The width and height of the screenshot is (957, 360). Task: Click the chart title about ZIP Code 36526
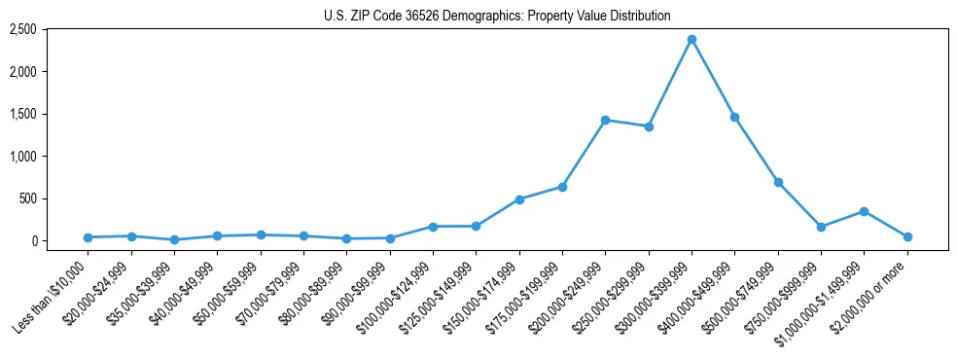(x=497, y=16)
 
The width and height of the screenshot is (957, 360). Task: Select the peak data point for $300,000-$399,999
(x=691, y=39)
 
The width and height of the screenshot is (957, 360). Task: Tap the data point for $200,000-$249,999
(x=605, y=120)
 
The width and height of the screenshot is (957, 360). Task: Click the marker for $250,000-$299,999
(x=649, y=126)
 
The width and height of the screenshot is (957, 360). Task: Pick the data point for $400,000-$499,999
(x=734, y=117)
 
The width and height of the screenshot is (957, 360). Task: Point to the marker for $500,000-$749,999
(x=778, y=182)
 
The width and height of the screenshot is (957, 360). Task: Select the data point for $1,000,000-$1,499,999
(x=864, y=211)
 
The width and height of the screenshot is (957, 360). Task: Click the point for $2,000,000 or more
(x=907, y=236)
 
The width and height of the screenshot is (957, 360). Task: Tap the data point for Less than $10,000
(x=88, y=237)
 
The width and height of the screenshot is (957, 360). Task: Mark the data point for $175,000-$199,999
(x=562, y=187)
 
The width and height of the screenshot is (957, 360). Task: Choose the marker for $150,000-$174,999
(x=519, y=199)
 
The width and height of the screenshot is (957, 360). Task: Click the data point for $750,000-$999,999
(x=821, y=227)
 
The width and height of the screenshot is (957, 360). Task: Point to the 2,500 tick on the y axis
(x=51, y=30)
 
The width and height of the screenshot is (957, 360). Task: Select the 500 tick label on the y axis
(x=54, y=198)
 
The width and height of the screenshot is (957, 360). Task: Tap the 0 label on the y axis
(x=60, y=241)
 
